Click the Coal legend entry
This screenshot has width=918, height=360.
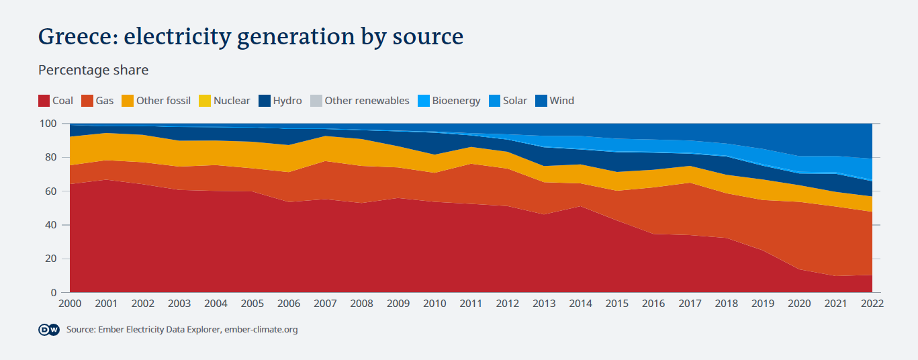pyautogui.click(x=56, y=101)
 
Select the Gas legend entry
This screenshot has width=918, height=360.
pyautogui.click(x=97, y=101)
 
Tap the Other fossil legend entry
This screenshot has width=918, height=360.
pyautogui.click(x=156, y=101)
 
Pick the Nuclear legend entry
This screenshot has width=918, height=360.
pyautogui.click(x=224, y=101)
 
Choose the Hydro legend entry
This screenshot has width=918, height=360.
pyautogui.click(x=280, y=101)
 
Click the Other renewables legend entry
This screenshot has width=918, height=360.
pyautogui.click(x=359, y=101)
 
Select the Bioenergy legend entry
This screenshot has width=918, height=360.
pyautogui.click(x=449, y=101)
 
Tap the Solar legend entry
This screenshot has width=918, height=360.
pyautogui.click(x=508, y=101)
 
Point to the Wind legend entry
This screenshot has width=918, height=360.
pyautogui.click(x=555, y=101)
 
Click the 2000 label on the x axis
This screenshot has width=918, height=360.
pyautogui.click(x=70, y=304)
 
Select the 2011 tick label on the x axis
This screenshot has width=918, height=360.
pyautogui.click(x=471, y=304)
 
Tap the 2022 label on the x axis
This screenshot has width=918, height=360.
pyautogui.click(x=872, y=304)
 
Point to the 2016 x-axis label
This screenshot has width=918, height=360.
pyautogui.click(x=653, y=304)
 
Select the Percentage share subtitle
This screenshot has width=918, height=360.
pyautogui.click(x=93, y=70)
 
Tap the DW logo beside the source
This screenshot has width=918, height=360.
pyautogui.click(x=49, y=330)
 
